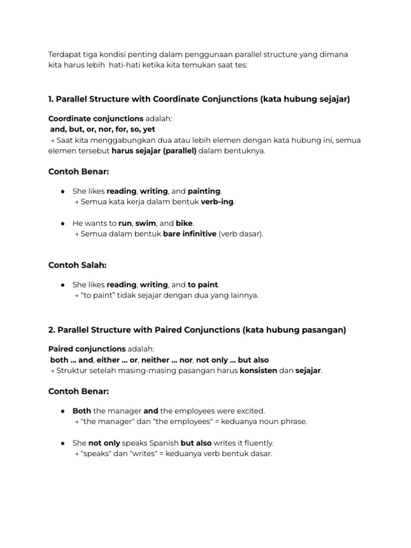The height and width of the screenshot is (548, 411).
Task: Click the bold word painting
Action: (x=204, y=191)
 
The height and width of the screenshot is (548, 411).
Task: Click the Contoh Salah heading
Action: (x=78, y=265)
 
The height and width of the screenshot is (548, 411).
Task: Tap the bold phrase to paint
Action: (x=203, y=285)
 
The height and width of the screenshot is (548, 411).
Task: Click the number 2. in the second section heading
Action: (x=51, y=330)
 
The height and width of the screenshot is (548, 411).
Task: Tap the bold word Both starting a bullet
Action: (x=82, y=411)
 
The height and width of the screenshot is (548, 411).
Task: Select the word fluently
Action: (x=258, y=443)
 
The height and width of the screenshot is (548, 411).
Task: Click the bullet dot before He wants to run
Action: (x=63, y=223)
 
